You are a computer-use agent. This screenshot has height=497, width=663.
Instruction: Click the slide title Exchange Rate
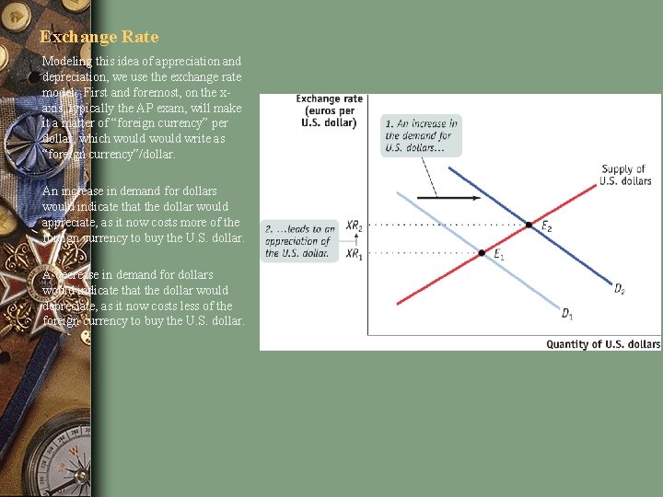99,37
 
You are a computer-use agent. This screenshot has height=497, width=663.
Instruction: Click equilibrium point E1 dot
482,252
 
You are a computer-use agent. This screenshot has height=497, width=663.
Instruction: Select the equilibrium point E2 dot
529,225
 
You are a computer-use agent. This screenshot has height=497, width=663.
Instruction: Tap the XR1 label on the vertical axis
355,253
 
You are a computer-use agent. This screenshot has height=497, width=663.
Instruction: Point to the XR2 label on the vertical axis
355,225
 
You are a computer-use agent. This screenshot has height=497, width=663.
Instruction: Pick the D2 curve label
620,289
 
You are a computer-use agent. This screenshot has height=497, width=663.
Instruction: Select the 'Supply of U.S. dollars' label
624,175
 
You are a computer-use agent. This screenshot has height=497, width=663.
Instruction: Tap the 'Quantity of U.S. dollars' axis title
603,344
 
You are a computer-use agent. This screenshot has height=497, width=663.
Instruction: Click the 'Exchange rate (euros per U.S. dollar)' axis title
327,110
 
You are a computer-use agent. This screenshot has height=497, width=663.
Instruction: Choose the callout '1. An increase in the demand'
421,135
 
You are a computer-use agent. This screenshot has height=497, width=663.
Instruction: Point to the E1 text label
498,256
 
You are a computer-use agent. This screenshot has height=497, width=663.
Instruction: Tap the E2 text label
546,225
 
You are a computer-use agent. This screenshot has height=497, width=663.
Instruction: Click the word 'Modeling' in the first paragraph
67,61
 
